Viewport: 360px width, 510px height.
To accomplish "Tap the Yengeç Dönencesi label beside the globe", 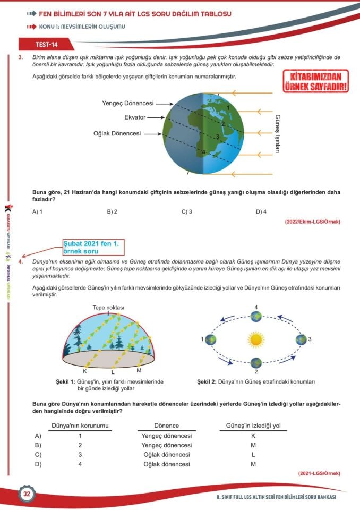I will tap(127, 103).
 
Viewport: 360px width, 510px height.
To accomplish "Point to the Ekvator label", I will tap(135, 117).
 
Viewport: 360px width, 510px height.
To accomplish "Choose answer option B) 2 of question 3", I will tap(112, 211).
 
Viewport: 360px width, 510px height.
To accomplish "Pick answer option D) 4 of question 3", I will tap(261, 211).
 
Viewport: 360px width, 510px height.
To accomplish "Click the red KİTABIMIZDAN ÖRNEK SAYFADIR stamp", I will tap(316, 81).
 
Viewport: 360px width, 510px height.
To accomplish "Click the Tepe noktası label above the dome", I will tap(108, 308).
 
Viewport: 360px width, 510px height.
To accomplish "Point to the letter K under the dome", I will tap(85, 370).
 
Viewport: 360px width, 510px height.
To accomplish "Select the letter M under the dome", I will tap(139, 370).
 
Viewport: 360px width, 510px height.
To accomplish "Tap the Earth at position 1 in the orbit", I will tap(210, 339).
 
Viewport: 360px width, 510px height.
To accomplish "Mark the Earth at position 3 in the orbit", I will tap(302, 339).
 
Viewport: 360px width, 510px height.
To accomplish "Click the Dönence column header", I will tap(166, 426).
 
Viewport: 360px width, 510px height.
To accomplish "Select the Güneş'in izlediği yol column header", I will tap(253, 426).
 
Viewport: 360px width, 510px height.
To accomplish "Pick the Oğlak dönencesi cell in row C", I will tap(166, 455).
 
